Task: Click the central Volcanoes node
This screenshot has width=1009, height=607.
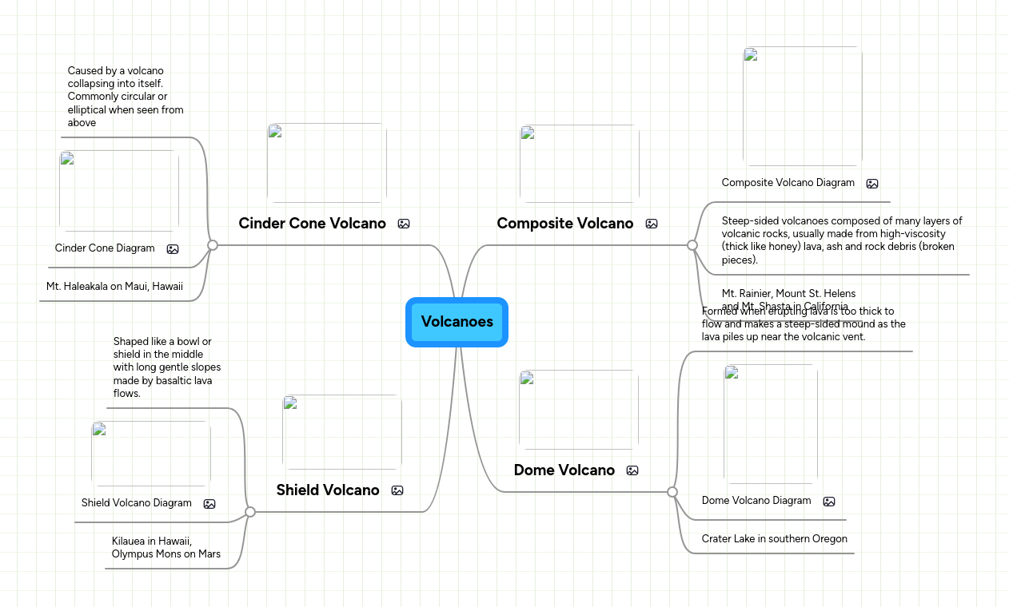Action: coord(457,322)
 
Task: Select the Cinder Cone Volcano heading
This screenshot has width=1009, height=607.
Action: coord(312,224)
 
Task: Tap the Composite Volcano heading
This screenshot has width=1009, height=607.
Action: coord(564,224)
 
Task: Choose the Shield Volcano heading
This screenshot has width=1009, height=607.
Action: coord(328,490)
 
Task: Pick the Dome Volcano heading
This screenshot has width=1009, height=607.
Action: coord(564,470)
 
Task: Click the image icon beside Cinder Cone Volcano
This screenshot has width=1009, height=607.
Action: coord(404,224)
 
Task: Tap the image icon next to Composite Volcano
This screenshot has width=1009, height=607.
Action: coord(652,224)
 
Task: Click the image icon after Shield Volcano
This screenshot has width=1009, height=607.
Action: coord(397,490)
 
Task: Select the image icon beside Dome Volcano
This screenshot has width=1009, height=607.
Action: coord(632,470)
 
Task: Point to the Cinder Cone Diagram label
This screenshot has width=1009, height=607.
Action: coord(105,248)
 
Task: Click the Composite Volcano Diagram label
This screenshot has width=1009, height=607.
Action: coord(788,183)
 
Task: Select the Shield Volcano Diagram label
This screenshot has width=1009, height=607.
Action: coord(137,503)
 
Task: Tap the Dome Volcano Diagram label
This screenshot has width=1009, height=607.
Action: coord(756,501)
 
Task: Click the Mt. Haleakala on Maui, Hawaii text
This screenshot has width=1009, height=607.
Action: coord(114,286)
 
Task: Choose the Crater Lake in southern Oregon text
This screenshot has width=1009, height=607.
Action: coord(774,539)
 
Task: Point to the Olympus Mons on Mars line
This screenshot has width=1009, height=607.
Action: coord(166,554)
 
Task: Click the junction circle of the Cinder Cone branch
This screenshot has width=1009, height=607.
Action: coord(213,245)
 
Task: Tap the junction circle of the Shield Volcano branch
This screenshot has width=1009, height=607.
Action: coord(250,512)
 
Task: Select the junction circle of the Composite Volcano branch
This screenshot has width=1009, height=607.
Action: coord(692,245)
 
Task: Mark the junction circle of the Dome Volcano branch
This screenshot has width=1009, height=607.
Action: coord(672,492)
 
